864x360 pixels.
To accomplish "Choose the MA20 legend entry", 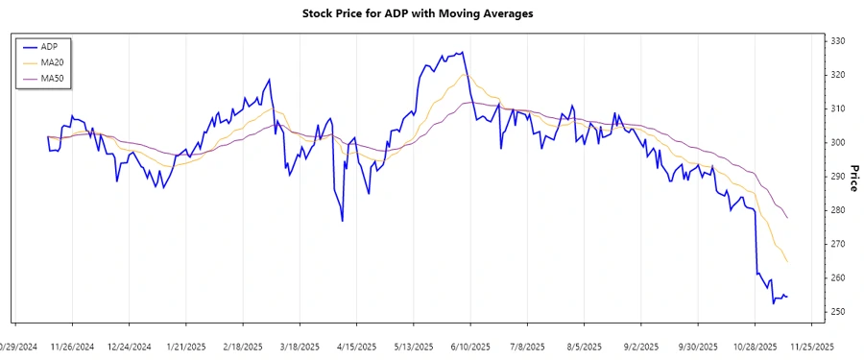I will point(52,62).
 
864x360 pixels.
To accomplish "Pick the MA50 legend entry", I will point(52,78).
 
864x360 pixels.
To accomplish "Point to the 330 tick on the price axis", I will point(837,41).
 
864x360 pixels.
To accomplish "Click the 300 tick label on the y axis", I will point(837,143).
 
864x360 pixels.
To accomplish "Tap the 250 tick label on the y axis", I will point(837,312).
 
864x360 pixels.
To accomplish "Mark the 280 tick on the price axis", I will point(837,210).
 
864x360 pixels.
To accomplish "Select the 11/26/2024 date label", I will point(72,347).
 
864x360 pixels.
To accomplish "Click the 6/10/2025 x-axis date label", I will point(470,347).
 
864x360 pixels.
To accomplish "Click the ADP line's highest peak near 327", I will point(463,52).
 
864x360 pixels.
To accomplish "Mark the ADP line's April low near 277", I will point(343,221).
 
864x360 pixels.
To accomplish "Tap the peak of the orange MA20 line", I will point(466,74).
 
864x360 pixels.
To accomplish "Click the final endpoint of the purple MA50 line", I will point(787,218).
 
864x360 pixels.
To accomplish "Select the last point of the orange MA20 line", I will point(787,262).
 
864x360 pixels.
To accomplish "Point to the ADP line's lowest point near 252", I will point(774,303).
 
